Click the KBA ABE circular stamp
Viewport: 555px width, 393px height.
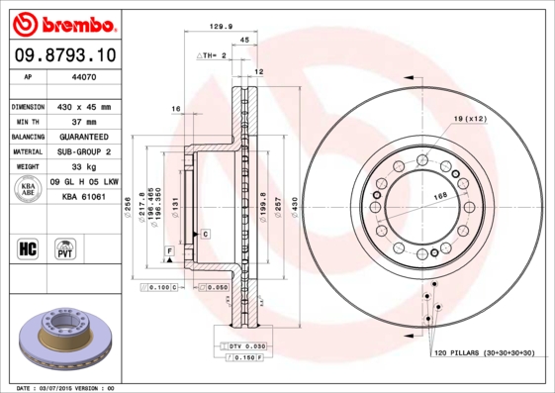(29, 190)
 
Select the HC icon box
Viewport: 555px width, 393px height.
(29, 246)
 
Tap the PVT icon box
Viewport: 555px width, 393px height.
(66, 246)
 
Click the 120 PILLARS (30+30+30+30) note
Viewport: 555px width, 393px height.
(483, 353)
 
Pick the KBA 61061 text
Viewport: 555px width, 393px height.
(84, 198)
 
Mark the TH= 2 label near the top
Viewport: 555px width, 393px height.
(212, 56)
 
